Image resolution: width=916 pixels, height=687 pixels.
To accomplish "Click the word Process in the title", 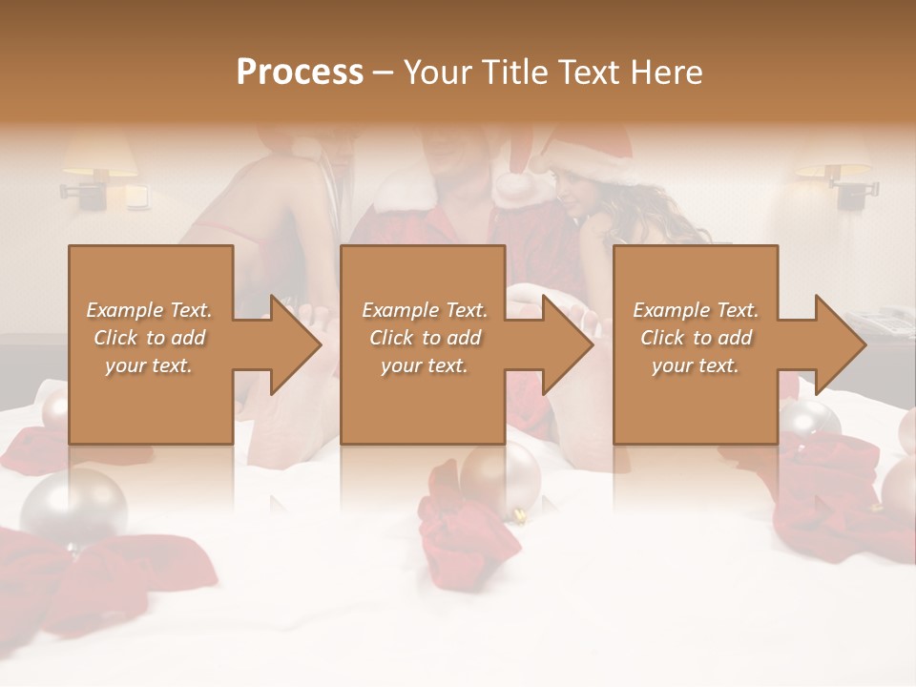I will pos(300,73).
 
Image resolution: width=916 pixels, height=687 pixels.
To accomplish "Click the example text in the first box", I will pos(150,338).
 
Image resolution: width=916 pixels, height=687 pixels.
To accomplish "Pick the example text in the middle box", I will pos(425,338).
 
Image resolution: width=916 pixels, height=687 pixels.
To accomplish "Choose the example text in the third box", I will pos(696,338).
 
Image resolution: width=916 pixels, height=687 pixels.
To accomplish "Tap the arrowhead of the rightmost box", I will pos(839,344).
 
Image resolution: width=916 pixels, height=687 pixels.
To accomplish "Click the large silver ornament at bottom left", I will pos(74,507).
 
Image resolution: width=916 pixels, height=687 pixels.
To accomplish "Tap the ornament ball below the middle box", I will pos(500,480).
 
